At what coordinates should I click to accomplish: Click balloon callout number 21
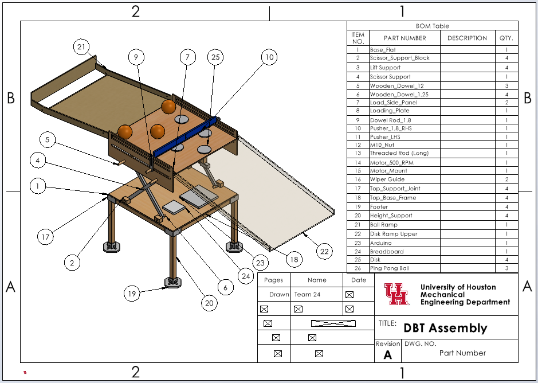click(81, 46)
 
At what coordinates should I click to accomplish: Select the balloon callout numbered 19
click(132, 294)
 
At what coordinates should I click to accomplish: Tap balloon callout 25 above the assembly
click(215, 57)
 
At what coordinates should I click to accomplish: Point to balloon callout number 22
click(324, 252)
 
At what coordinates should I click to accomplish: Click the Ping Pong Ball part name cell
click(390, 268)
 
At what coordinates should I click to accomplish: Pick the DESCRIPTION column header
click(468, 38)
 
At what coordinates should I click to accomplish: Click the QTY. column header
click(506, 38)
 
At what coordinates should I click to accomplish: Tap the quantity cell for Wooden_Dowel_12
click(507, 86)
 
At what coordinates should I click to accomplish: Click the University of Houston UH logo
click(396, 294)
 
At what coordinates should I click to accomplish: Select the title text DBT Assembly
click(445, 328)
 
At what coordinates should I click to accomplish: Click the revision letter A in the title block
click(388, 355)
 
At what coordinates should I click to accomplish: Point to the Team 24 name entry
click(308, 294)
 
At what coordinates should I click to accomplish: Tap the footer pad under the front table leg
click(173, 282)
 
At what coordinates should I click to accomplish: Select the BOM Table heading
click(433, 26)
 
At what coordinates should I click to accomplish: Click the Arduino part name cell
click(380, 243)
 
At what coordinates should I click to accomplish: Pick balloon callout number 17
click(45, 237)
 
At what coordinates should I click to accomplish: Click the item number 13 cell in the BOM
click(358, 153)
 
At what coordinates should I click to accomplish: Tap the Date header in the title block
click(359, 280)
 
